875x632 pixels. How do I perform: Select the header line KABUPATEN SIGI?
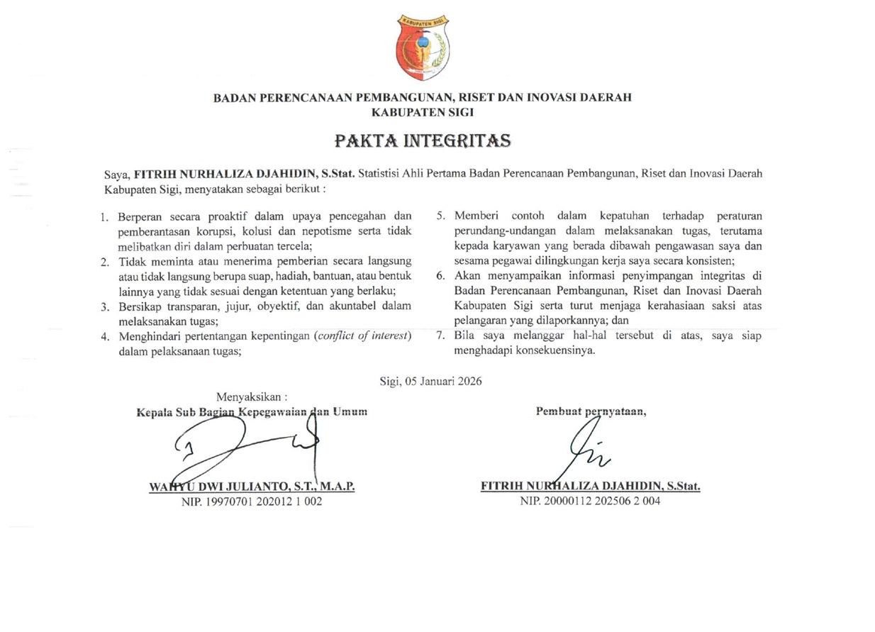coord(423,111)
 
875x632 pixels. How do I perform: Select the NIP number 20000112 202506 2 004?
coord(591,501)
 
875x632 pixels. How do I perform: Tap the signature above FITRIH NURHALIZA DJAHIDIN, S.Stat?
coord(584,453)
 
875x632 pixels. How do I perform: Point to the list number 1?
coord(104,216)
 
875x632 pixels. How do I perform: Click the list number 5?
coord(440,216)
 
